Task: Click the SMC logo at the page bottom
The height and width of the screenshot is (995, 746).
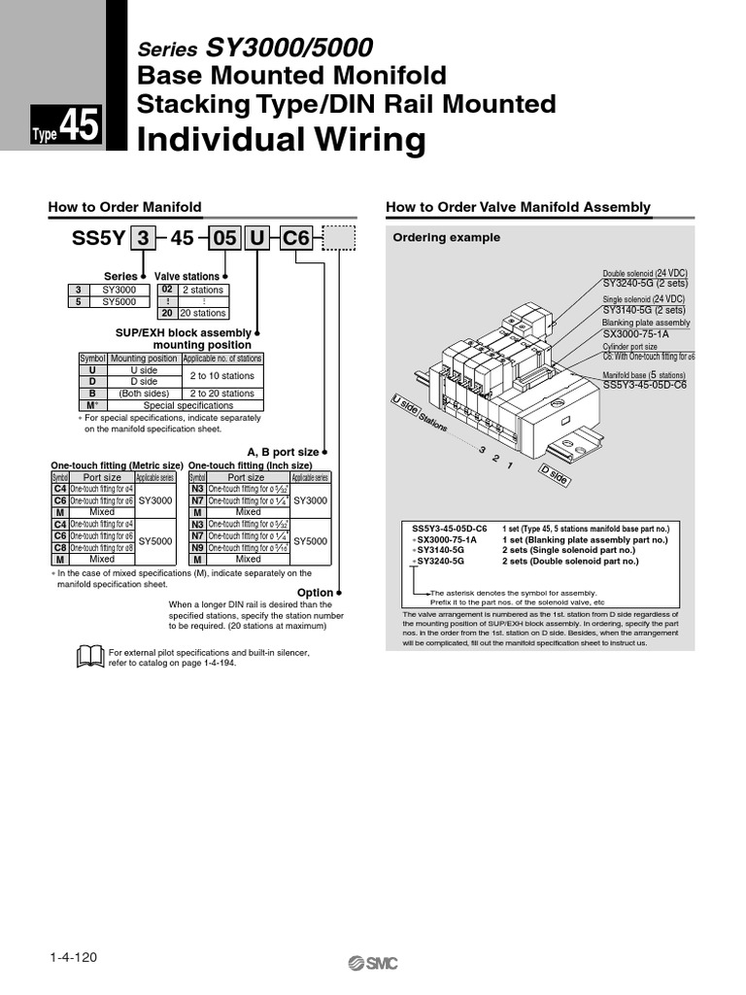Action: [373, 963]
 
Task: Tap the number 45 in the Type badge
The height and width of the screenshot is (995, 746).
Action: [80, 126]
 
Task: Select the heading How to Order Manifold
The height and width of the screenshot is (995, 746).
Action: [125, 207]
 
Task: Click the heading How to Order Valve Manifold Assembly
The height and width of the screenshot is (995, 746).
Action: [518, 207]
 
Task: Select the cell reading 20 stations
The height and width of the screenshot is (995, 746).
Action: [203, 313]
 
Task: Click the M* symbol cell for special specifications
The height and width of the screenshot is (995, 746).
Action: [92, 405]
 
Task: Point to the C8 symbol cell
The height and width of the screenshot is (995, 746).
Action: [59, 547]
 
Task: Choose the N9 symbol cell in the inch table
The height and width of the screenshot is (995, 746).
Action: [197, 547]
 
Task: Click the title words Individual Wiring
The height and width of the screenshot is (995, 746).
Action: [281, 141]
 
